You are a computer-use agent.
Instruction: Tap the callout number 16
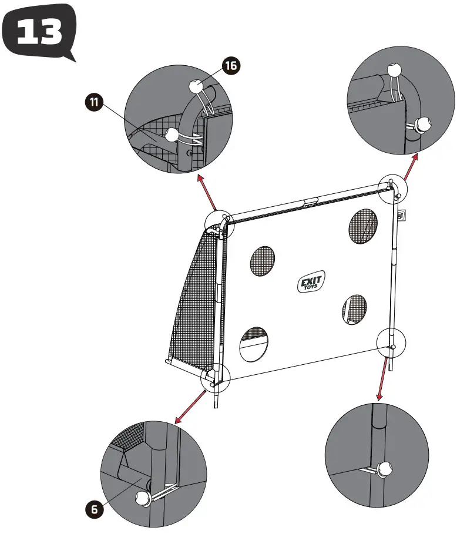point(231,66)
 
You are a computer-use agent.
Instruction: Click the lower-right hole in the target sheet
point(354,308)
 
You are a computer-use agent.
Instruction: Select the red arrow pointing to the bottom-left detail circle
point(191,405)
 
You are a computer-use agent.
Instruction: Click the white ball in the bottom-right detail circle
point(386,469)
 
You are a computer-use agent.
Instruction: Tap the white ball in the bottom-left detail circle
point(143,499)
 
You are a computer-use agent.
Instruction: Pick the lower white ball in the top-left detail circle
point(172,136)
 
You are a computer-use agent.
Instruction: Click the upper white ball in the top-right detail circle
point(395,70)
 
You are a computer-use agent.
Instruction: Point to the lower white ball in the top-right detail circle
point(422,125)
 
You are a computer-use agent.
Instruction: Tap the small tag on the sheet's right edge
point(401,216)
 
